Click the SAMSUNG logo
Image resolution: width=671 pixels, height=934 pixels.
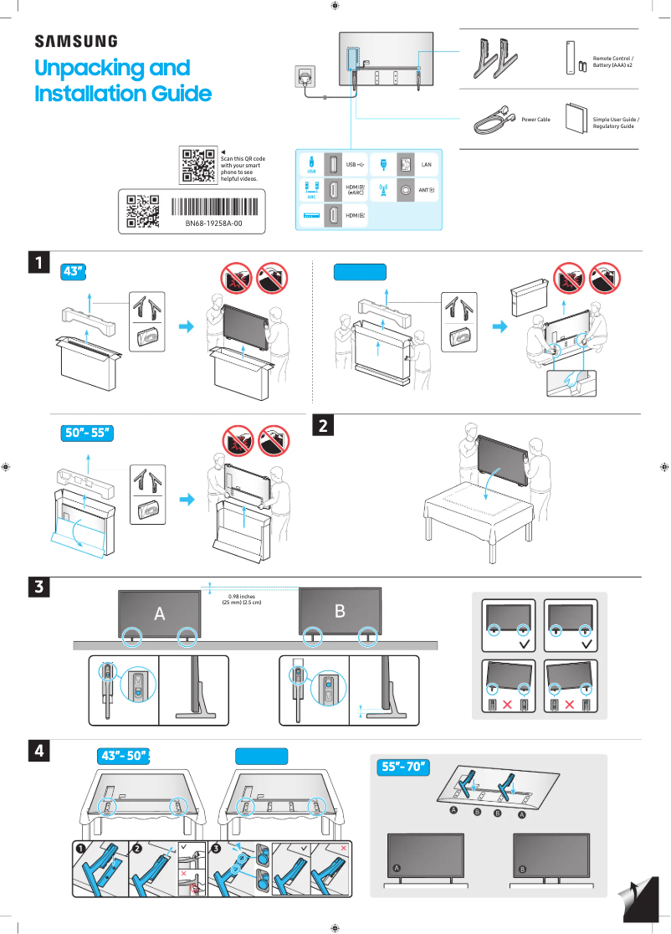click(75, 41)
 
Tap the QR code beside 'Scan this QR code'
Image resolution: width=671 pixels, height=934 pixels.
click(197, 165)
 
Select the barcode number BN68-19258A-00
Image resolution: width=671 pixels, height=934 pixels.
click(213, 223)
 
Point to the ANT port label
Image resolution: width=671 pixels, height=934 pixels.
click(427, 190)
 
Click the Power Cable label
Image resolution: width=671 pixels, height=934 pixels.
click(535, 120)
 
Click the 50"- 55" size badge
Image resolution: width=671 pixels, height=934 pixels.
click(88, 433)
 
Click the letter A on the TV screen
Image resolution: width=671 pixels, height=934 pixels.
click(159, 614)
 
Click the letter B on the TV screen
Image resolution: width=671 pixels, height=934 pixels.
click(340, 612)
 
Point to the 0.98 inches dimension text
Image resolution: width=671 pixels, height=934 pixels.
click(241, 597)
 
